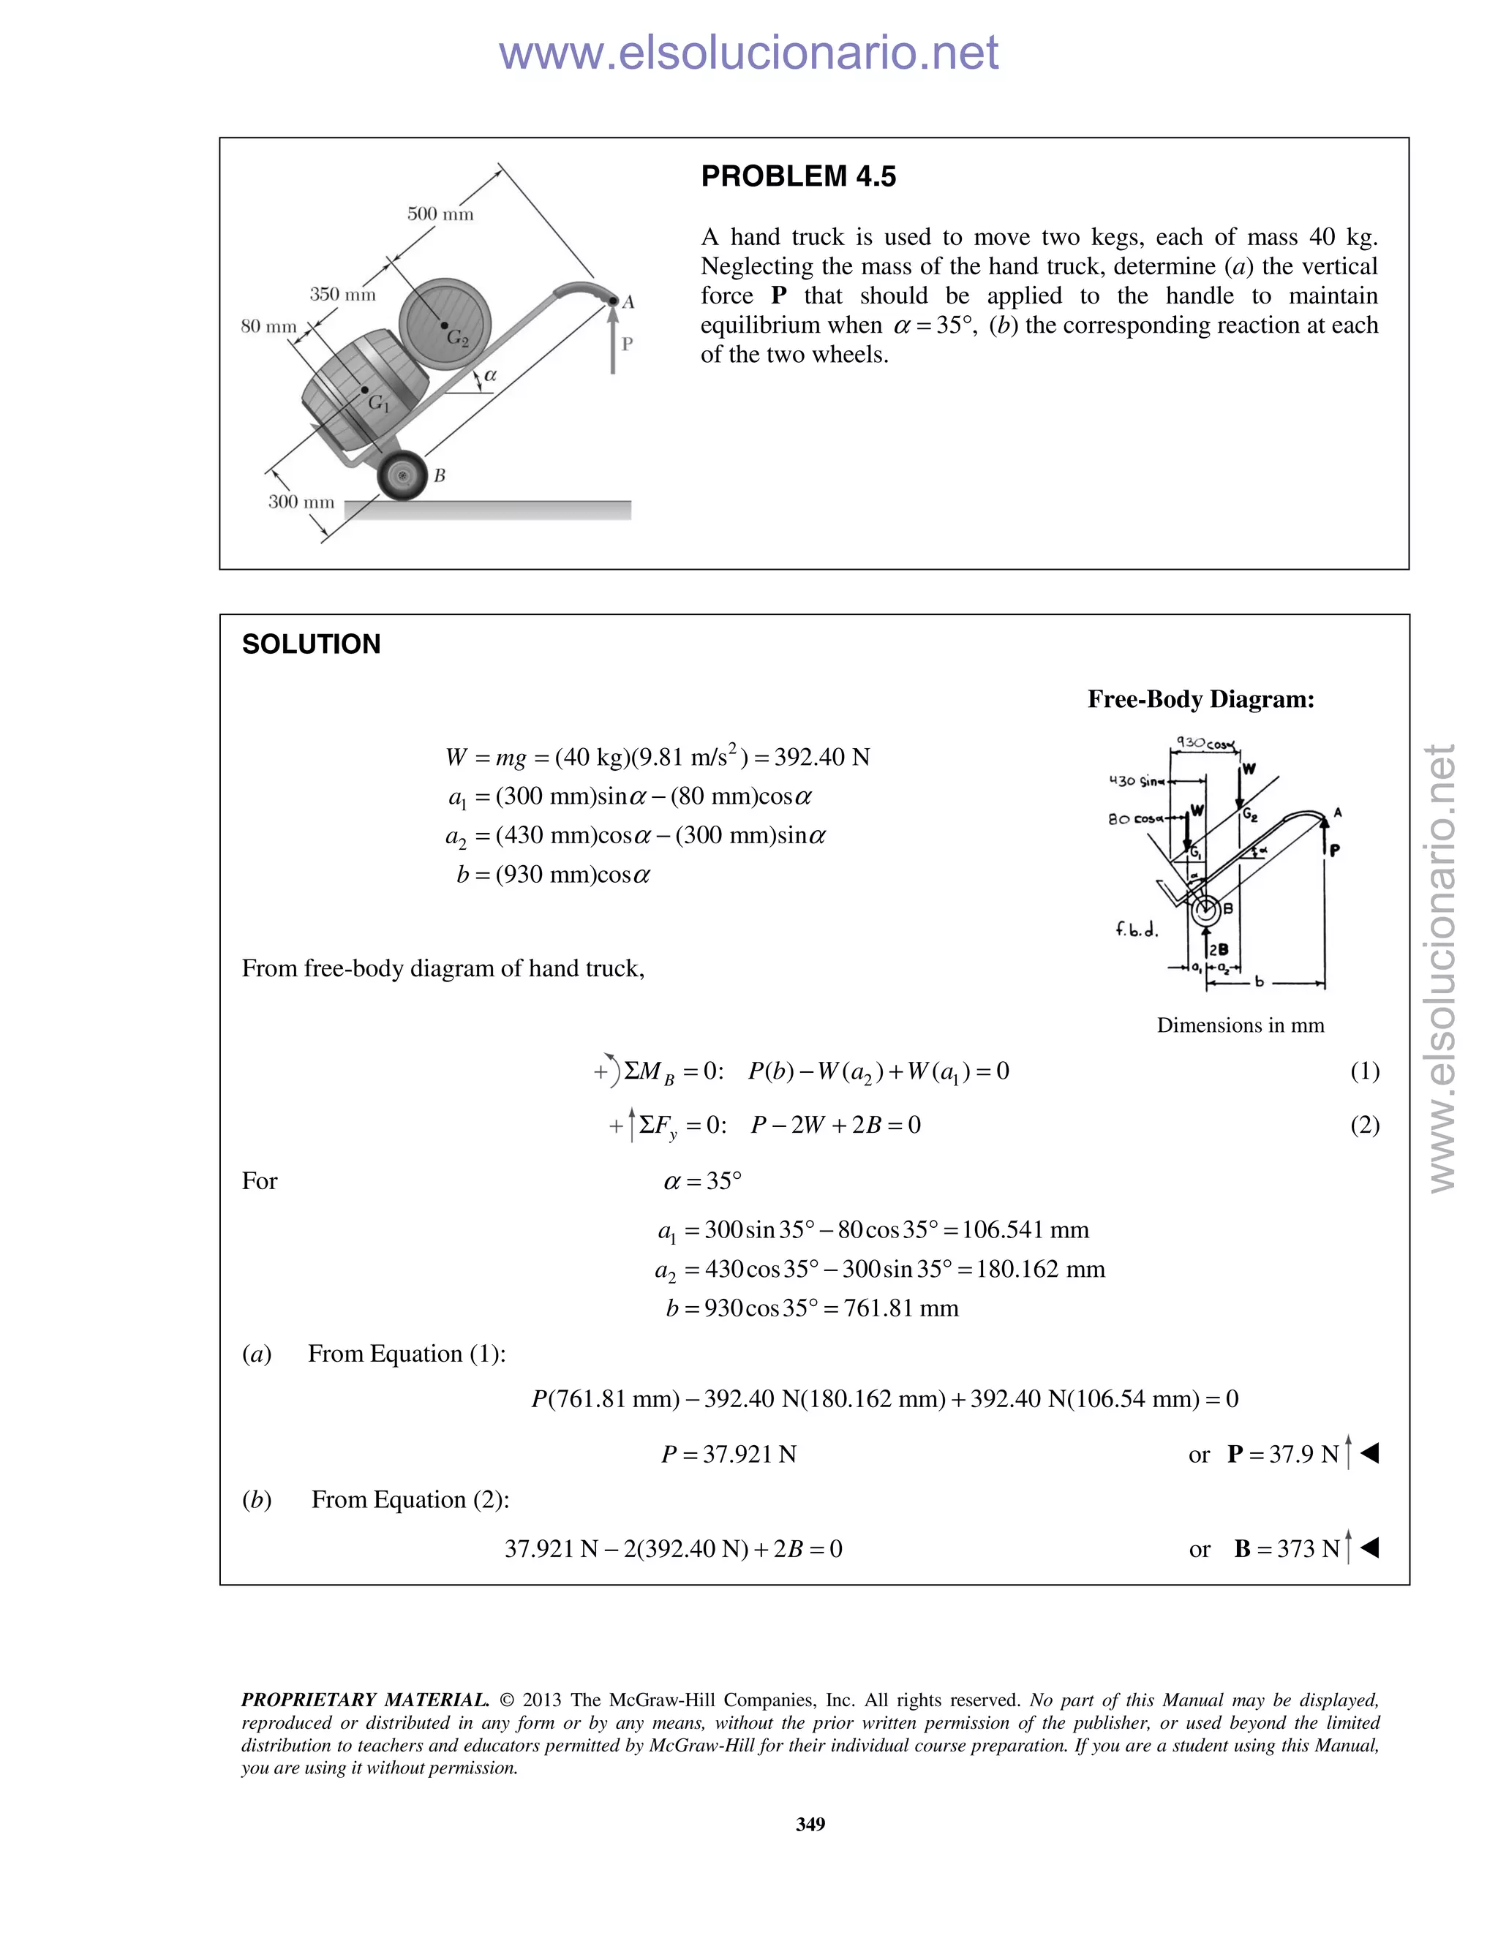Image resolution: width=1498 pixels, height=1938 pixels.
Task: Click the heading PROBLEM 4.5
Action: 798,176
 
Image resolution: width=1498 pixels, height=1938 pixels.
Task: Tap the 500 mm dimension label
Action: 440,214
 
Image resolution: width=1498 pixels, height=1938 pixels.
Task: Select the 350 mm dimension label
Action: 342,295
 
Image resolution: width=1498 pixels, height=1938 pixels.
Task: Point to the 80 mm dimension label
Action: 269,327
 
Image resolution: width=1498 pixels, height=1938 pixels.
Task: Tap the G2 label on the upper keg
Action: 457,337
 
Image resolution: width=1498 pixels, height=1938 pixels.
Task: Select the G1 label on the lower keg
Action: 379,404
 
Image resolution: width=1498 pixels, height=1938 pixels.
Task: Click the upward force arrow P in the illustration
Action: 612,342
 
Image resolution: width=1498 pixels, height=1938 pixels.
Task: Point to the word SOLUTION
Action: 311,644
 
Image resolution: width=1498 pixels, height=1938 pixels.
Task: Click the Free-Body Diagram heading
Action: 1201,699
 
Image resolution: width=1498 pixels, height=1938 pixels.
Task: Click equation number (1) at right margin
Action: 1364,1071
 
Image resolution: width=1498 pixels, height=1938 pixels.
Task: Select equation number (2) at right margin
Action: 1364,1126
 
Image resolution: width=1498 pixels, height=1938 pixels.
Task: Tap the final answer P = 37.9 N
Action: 1283,1454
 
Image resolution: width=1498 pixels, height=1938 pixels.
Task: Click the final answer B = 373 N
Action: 1287,1548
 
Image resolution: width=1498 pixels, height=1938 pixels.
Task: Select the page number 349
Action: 810,1823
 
